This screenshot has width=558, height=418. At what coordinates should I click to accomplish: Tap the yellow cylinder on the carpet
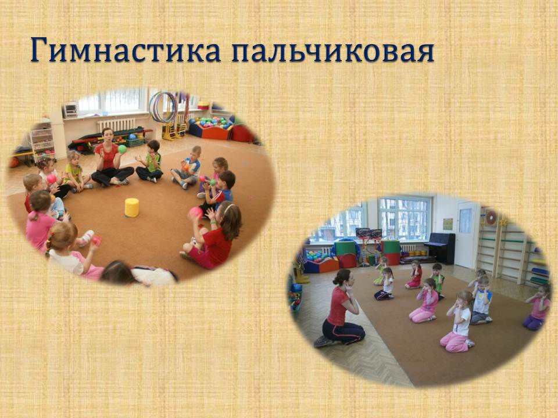pos(132,208)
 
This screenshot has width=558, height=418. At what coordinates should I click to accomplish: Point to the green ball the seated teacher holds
pos(123,149)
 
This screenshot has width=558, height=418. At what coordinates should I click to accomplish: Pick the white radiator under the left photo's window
pos(116,125)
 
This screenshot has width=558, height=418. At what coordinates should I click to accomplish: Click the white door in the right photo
pos(466,235)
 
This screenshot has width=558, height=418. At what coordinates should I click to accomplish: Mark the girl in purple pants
pos(536,308)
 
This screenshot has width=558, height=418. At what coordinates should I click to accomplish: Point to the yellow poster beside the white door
pos(448,224)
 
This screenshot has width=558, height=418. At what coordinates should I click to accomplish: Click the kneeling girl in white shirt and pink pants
pos(458,322)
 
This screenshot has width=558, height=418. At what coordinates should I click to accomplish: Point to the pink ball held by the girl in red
pos(195,212)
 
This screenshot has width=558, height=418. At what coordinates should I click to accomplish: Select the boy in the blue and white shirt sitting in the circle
pos(187,167)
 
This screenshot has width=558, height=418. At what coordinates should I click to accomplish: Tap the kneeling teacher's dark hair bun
pos(340,276)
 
